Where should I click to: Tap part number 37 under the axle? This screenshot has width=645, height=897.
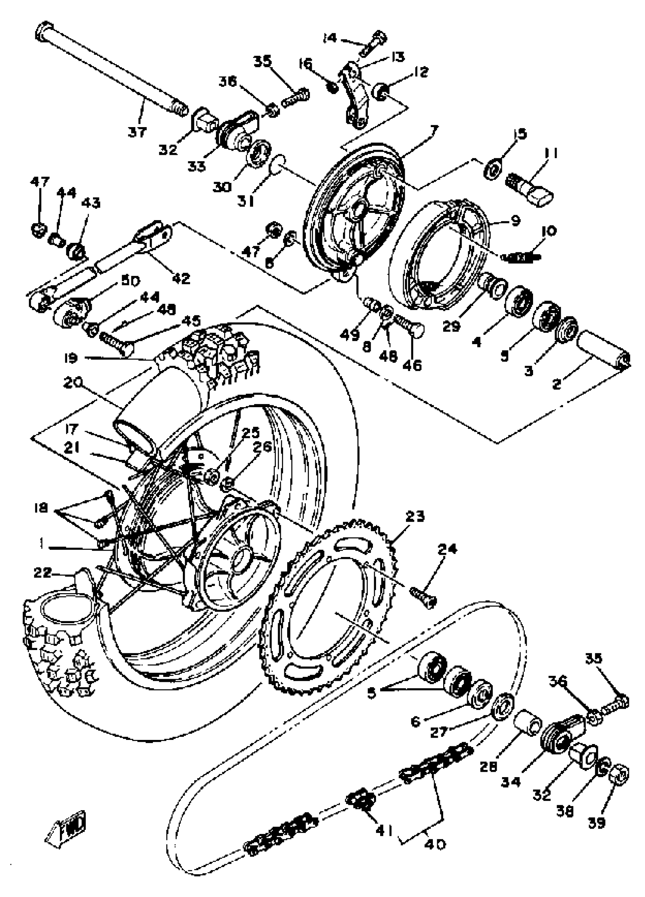point(137,131)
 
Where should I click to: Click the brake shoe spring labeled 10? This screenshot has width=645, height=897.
point(521,258)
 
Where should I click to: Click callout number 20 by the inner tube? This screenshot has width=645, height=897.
point(74,383)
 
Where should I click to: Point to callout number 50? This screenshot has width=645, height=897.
point(131,282)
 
